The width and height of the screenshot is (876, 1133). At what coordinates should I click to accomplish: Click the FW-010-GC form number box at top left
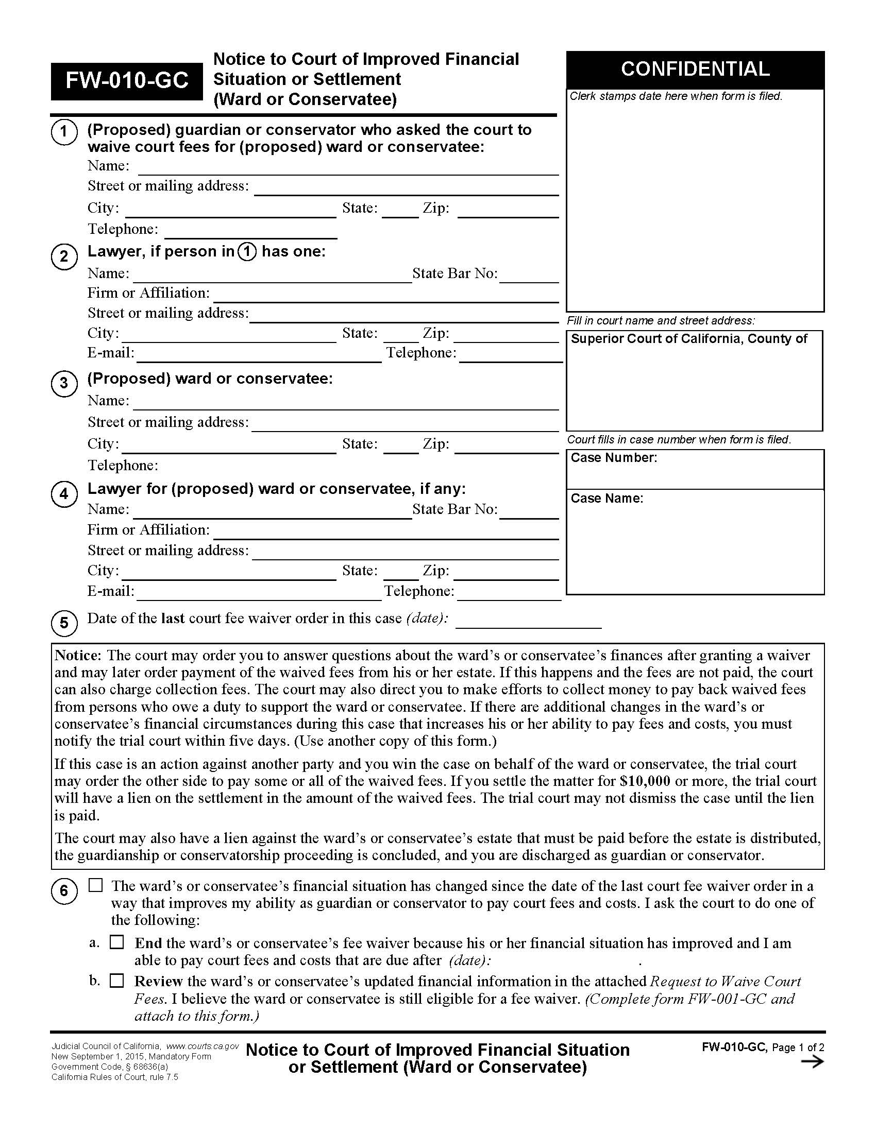pos(127,81)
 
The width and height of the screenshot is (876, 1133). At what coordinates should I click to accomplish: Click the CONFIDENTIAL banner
pos(695,70)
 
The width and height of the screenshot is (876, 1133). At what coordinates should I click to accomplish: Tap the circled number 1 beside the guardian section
pos(64,131)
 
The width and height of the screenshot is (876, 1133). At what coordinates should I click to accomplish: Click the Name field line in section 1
pos(348,168)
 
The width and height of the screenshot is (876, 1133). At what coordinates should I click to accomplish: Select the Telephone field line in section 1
pos(250,232)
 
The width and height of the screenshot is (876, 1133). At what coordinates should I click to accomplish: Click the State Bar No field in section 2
pos(529,276)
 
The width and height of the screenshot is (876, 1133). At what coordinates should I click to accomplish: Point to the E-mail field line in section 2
pos(259,356)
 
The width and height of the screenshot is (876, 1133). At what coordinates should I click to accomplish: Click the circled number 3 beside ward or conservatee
pos(64,383)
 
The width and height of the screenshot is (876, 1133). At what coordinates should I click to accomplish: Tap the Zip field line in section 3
pos(507,447)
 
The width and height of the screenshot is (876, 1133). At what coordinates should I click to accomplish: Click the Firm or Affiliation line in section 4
pos(385,533)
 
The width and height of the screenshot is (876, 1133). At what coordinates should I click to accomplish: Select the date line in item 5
pos(528,622)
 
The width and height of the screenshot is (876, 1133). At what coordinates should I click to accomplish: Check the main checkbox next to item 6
pos(95,885)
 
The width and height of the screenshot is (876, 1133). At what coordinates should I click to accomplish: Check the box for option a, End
pos(117,942)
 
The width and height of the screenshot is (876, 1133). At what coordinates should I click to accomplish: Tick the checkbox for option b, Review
pos(117,981)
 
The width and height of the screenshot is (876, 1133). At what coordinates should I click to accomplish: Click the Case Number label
pos(613,457)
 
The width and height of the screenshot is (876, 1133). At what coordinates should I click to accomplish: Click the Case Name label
pos(607,498)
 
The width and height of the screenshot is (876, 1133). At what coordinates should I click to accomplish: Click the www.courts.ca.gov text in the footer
pos(203,1046)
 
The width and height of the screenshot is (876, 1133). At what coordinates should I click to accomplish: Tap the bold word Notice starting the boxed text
pos(77,655)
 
